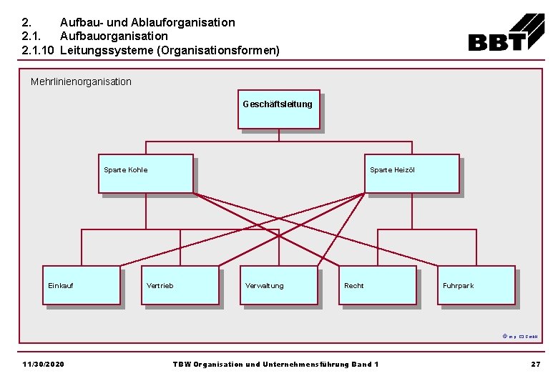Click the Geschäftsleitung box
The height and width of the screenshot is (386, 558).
pyautogui.click(x=278, y=110)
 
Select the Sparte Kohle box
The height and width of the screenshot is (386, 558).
pyautogui.click(x=145, y=174)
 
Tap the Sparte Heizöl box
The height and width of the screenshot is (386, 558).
pyautogui.click(x=411, y=174)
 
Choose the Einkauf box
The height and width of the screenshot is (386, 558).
pyautogui.click(x=82, y=285)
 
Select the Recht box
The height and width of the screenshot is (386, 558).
pyautogui.click(x=378, y=285)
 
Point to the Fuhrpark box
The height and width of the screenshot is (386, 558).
pyautogui.click(x=476, y=285)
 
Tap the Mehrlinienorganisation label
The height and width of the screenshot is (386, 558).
pyautogui.click(x=81, y=81)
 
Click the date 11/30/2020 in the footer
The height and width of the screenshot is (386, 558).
pyautogui.click(x=43, y=365)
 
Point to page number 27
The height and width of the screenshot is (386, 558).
pyautogui.click(x=535, y=365)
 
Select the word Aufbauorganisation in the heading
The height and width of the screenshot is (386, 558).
pyautogui.click(x=114, y=36)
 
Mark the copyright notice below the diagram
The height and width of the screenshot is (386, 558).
pyautogui.click(x=520, y=336)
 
